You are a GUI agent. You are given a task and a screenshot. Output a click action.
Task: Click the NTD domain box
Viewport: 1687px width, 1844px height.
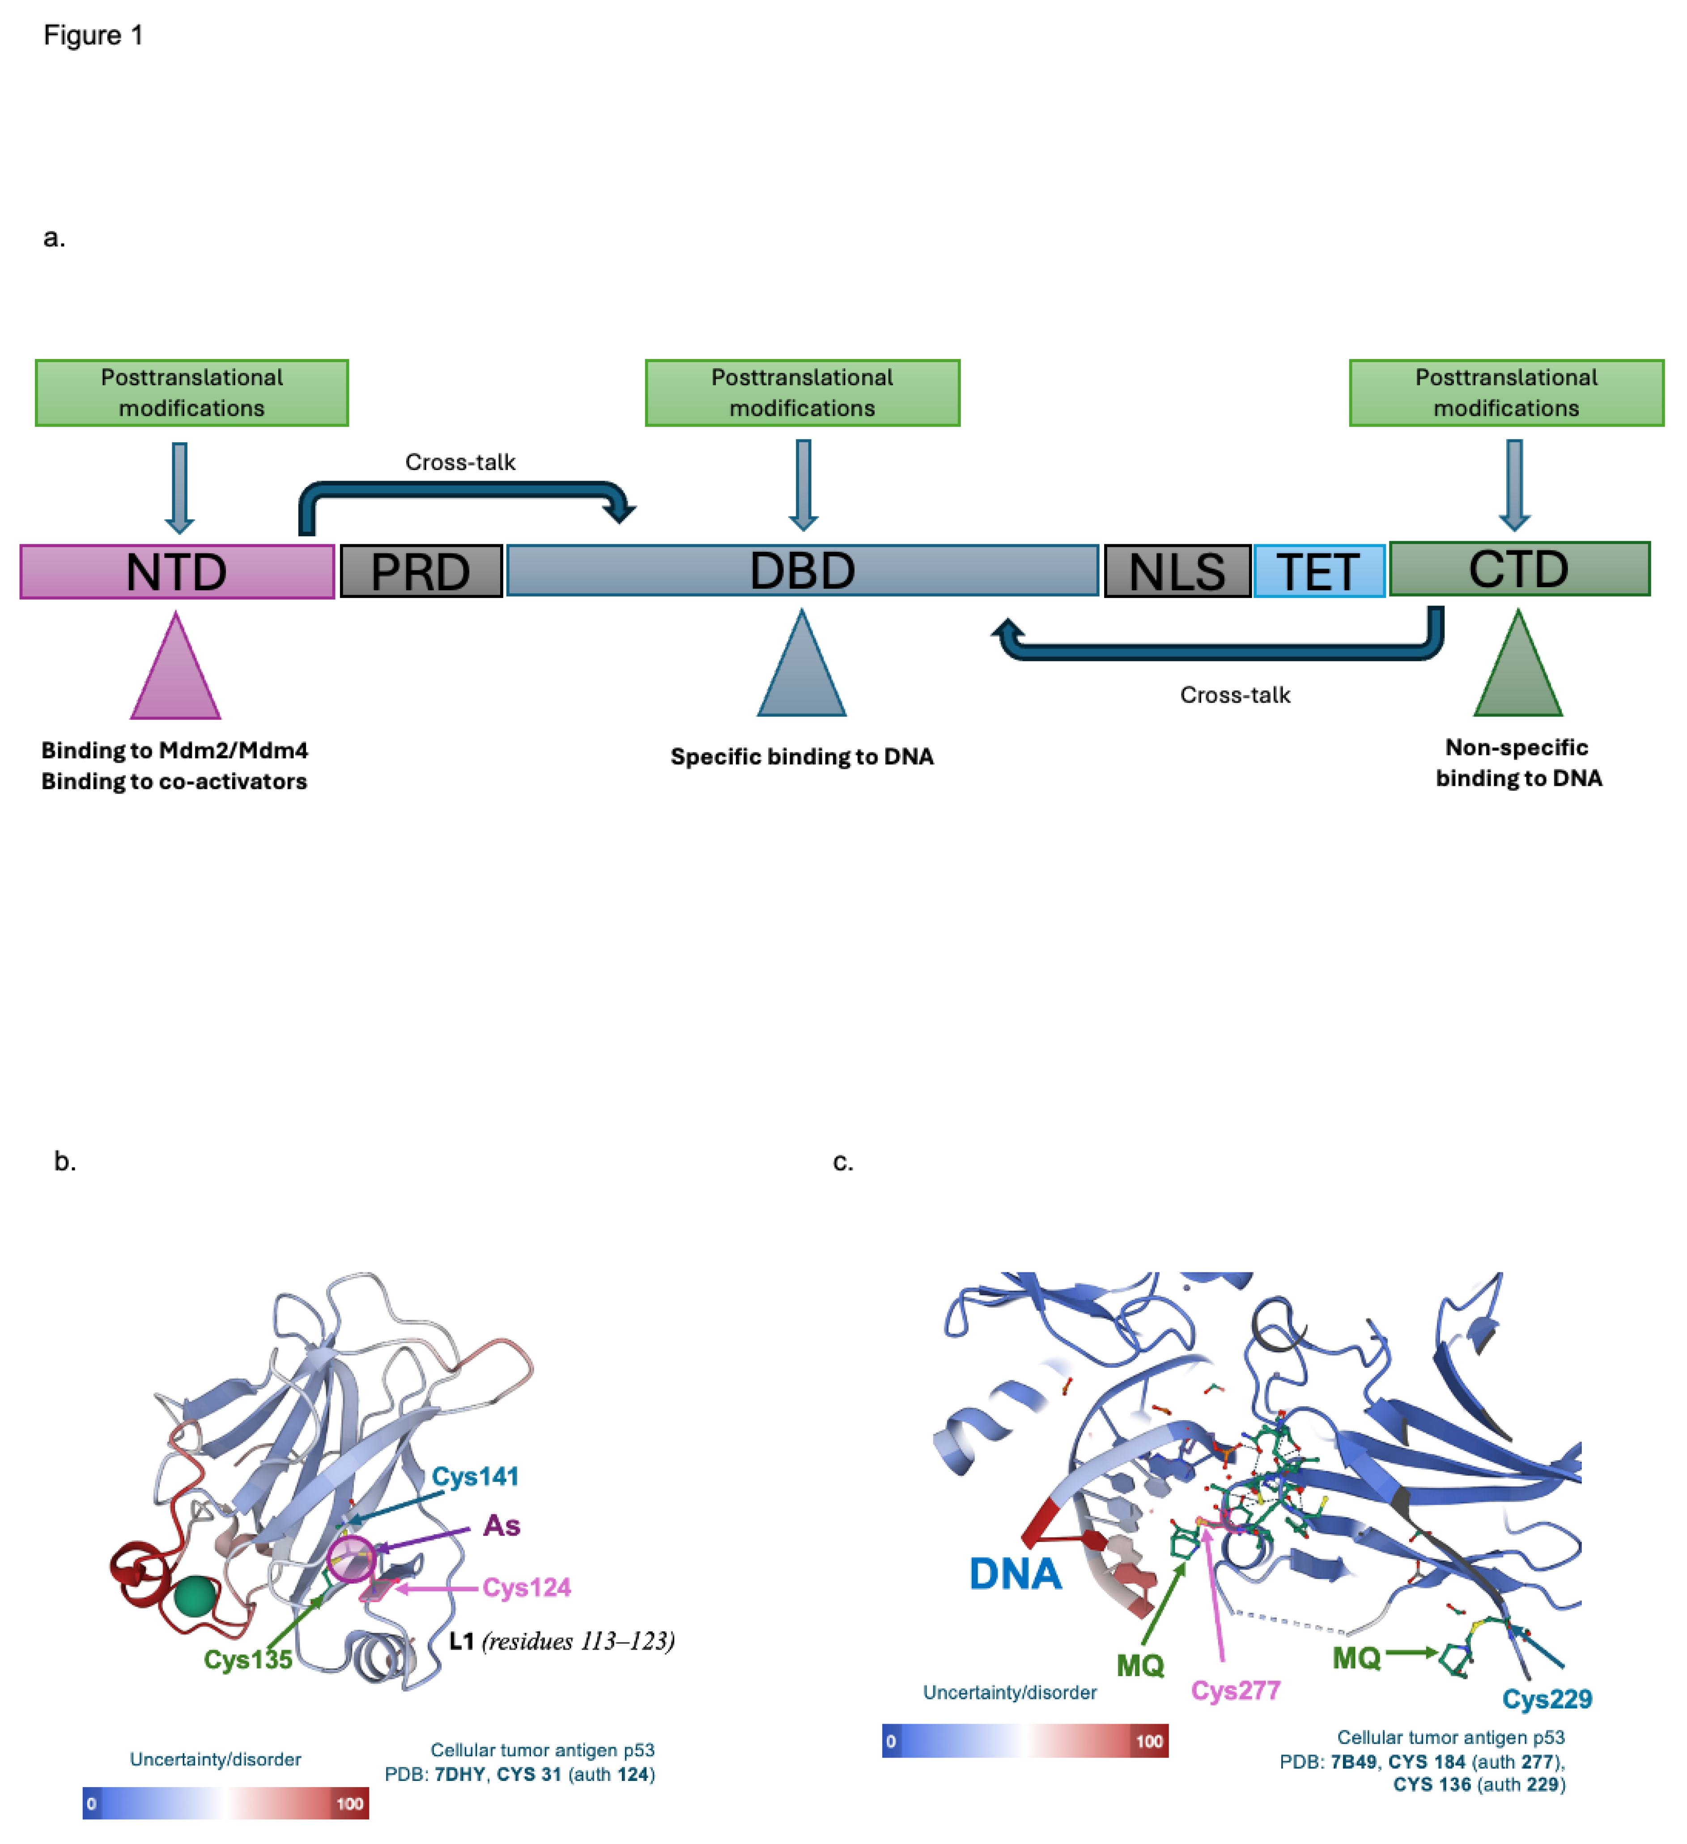tap(176, 572)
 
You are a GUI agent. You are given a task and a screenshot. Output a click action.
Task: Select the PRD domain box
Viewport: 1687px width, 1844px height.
tap(421, 572)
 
